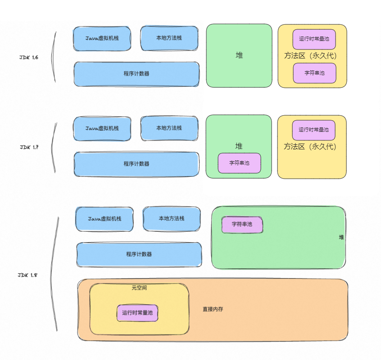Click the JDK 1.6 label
coord(29,58)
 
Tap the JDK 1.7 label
coord(29,147)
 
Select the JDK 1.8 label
coord(27,275)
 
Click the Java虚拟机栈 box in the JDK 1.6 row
coord(102,38)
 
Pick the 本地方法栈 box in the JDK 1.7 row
coord(169,128)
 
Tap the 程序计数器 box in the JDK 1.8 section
coord(139,254)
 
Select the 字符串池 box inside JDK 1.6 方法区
coord(314,73)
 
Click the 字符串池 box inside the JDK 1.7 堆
coord(239,163)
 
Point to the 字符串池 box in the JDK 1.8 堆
coord(242,224)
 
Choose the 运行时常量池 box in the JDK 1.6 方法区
coord(314,39)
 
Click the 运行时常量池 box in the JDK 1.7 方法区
coord(313,130)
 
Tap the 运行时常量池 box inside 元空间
coord(137,313)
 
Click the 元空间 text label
coord(139,288)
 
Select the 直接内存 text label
coord(213,310)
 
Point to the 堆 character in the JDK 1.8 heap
coord(341,237)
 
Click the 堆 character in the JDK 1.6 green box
coord(239,55)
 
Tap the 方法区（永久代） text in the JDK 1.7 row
coord(310,147)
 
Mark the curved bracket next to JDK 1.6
coord(54,57)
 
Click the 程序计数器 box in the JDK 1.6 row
coord(136,74)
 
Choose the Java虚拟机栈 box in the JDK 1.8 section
coord(104,219)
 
